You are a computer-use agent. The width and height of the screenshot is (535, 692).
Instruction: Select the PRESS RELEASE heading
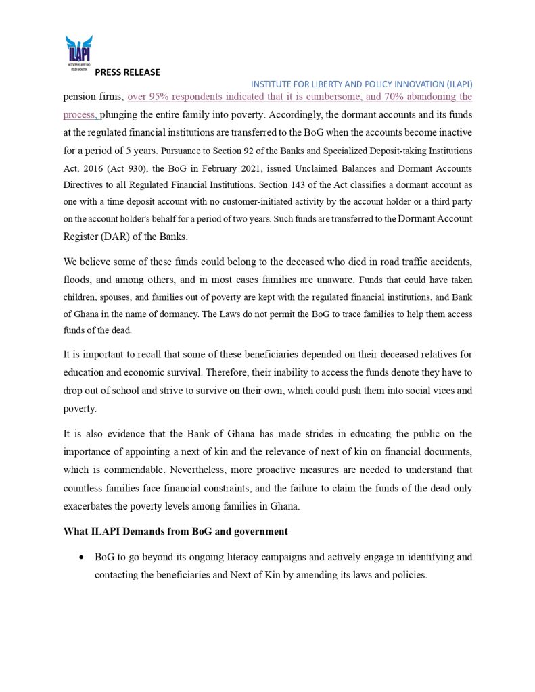(127, 72)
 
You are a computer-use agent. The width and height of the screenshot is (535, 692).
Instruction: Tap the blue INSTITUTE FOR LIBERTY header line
(361, 84)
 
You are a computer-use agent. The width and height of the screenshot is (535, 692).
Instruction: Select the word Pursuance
(183, 150)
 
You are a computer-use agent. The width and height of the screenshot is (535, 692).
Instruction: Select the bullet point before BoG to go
(81, 558)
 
